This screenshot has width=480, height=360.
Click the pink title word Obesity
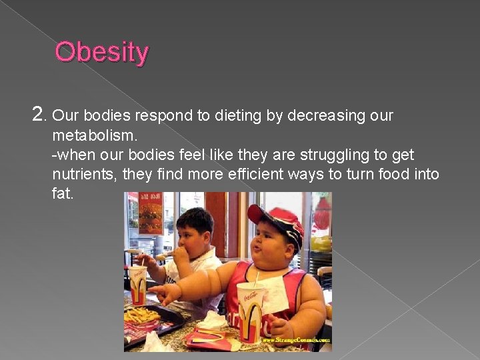(x=102, y=52)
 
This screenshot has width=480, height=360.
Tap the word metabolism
(x=95, y=135)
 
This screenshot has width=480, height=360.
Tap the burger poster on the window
(x=150, y=213)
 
